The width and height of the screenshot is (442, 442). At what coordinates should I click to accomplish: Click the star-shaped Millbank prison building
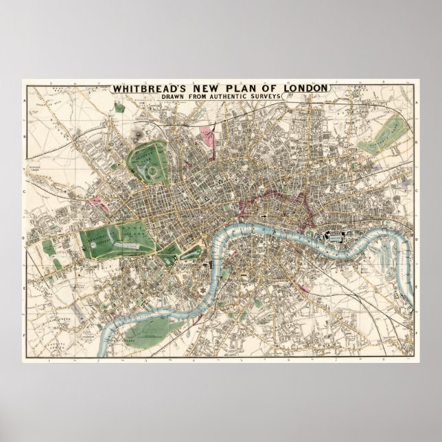tap(203, 290)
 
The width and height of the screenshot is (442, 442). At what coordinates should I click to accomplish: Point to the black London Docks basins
tap(336, 236)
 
